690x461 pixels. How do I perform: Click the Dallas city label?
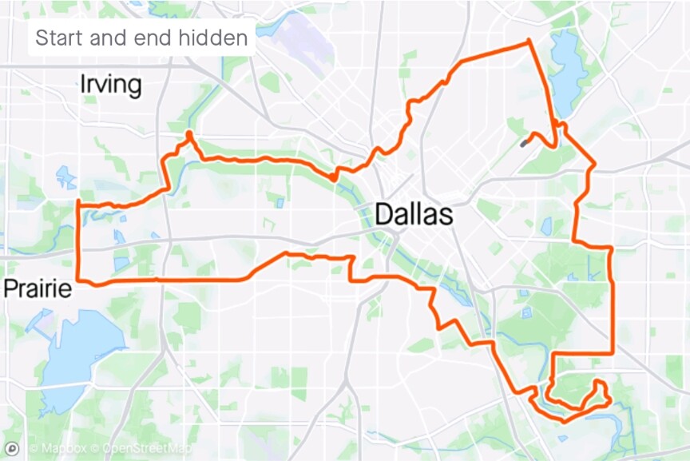tap(413, 214)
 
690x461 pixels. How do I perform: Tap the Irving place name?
tap(111, 85)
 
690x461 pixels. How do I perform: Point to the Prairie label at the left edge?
tap(35, 288)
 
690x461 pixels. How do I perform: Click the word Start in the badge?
tap(61, 38)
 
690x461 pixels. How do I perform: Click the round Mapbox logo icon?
tap(12, 447)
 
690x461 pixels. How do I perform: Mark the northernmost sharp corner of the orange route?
tap(528, 42)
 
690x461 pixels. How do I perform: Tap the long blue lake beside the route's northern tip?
tap(565, 72)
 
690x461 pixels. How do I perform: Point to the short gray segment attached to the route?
tap(525, 143)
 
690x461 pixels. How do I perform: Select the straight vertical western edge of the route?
tap(78, 240)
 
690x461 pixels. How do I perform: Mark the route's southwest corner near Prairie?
tap(79, 281)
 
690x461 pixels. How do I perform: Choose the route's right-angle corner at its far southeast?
tap(612, 353)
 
